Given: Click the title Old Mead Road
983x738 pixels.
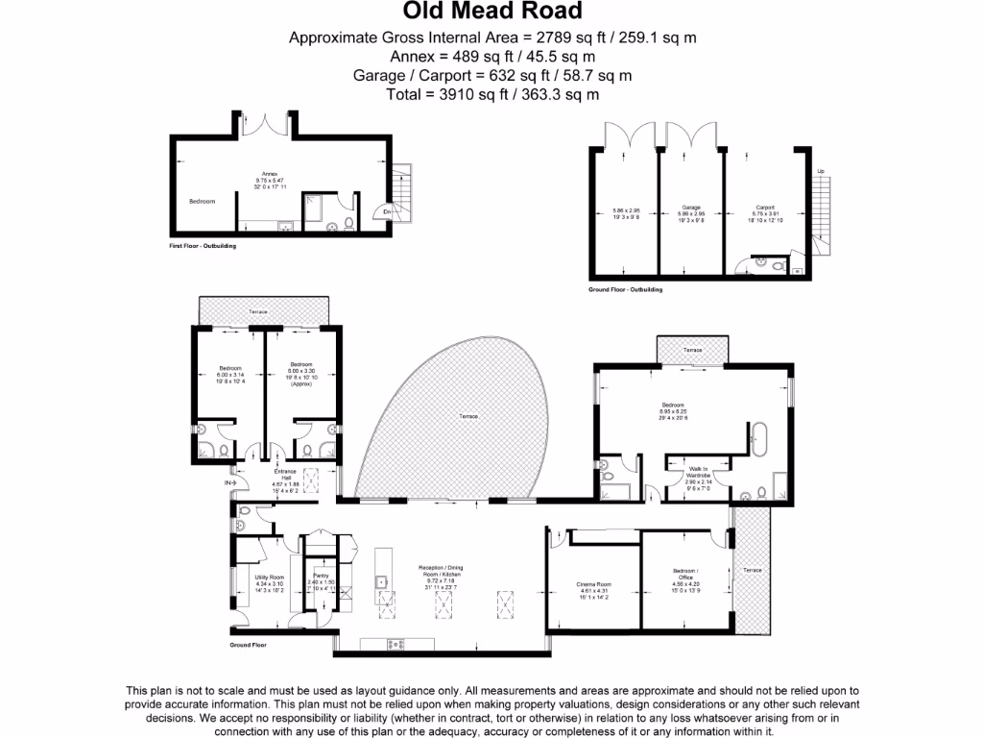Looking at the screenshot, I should point(491,12).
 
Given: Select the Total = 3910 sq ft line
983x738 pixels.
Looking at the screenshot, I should point(491,94).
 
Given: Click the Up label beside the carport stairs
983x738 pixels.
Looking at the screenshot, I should point(820,171).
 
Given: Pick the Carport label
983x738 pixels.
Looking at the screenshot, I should point(765,207).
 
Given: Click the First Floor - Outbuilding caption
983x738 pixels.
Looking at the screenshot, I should point(203,246).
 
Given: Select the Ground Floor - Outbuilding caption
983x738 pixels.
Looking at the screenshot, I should point(625,288).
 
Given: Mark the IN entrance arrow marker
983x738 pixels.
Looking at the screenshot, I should point(229,481).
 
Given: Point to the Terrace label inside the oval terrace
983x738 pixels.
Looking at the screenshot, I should point(468,416).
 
